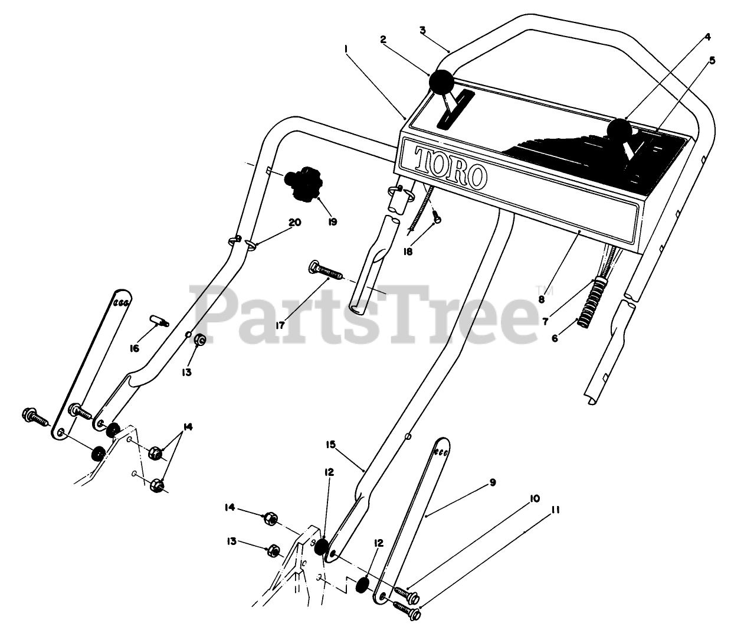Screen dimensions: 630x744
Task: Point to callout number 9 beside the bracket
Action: (x=492, y=482)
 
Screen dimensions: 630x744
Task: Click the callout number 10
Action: (x=534, y=498)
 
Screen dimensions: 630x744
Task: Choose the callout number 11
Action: (x=555, y=508)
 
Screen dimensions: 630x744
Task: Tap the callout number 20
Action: (x=294, y=223)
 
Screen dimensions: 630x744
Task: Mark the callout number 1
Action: (x=345, y=51)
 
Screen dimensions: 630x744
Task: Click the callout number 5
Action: (x=712, y=60)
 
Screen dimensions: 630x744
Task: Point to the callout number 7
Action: (x=546, y=321)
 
